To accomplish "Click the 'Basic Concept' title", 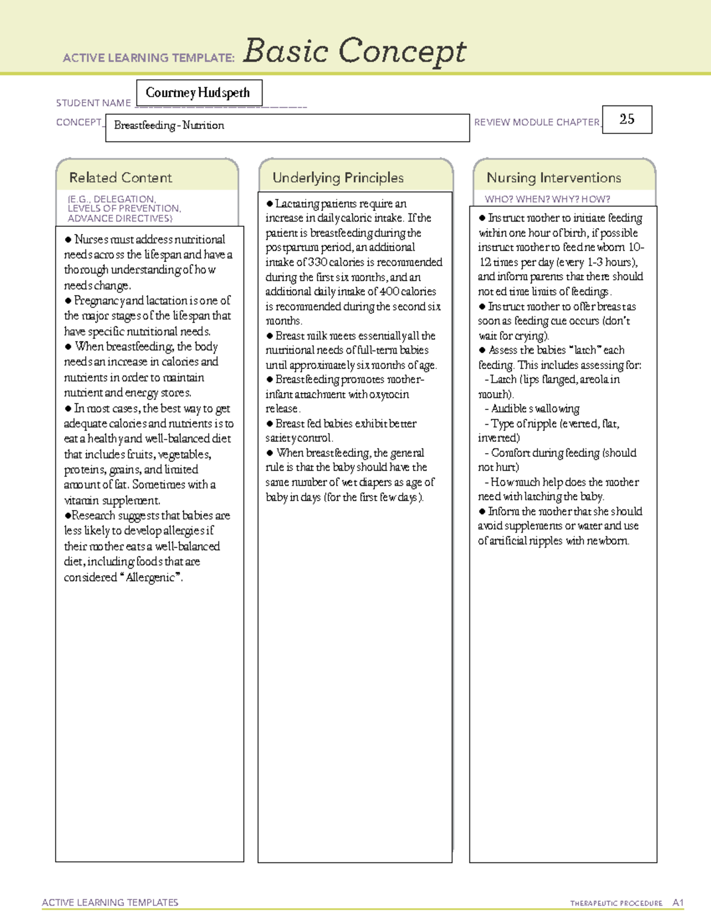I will coord(354,52).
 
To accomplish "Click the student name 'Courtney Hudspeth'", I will coord(198,93).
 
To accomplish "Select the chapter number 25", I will coord(627,119).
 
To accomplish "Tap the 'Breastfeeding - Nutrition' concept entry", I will coord(169,126).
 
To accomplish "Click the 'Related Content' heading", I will coord(120,178).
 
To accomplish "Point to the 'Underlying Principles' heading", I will coord(338,178).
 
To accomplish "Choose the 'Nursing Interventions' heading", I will coord(553,178).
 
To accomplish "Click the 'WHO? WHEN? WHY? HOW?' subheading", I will coord(547,200).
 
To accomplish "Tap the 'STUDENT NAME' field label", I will coord(94,103).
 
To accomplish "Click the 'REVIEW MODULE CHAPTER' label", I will coord(537,122).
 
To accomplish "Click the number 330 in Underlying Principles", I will coord(318,262).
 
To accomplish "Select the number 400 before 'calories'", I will coord(388,291).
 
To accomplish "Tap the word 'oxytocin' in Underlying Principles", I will coord(389,395).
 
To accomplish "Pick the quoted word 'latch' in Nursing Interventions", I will coord(584,350).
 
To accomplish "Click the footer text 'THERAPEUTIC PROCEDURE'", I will coord(616,903).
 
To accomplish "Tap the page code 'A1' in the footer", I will coord(678,903).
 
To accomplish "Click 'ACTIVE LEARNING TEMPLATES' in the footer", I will coord(110,903).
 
